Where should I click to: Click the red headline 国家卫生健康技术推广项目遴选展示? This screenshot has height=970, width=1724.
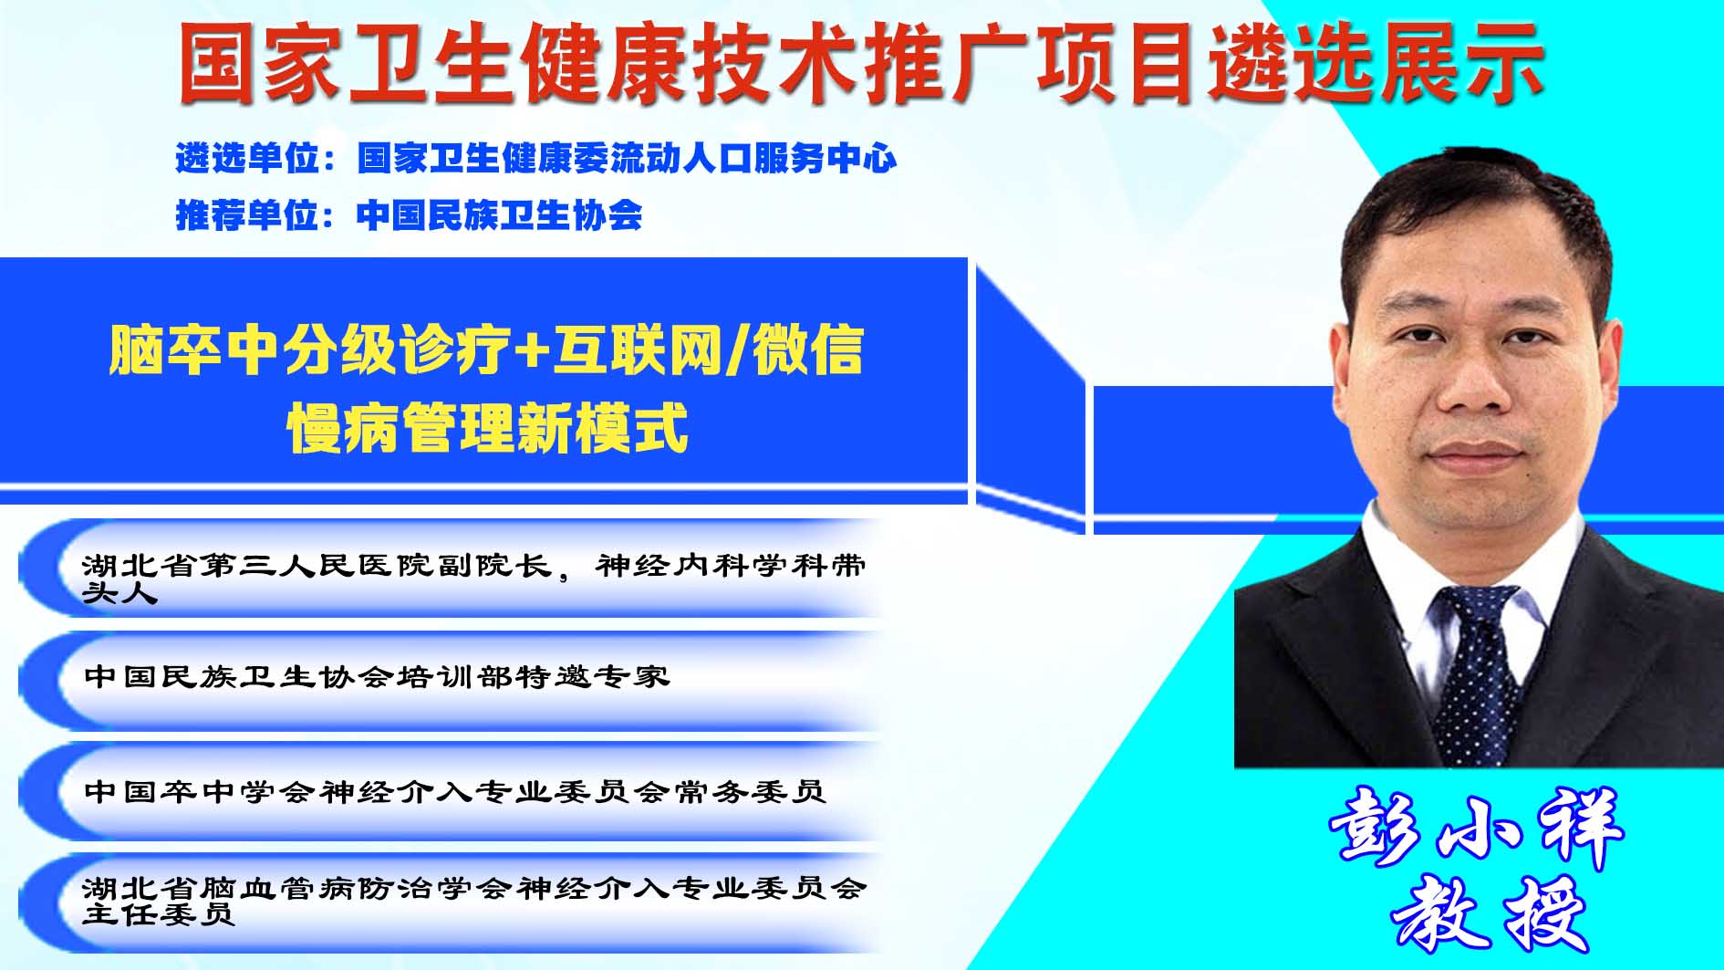tap(861, 62)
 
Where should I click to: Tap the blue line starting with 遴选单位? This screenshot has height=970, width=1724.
tap(536, 159)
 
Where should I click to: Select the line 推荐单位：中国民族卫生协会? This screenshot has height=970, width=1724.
tap(409, 215)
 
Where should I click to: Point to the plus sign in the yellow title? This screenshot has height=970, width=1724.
tap(529, 352)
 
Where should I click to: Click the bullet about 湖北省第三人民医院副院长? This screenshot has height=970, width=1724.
tap(473, 578)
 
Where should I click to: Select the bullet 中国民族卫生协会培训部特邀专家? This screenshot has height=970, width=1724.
tap(377, 676)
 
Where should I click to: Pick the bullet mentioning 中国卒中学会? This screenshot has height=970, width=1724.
tap(455, 791)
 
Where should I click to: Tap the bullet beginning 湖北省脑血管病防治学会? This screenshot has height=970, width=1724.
tap(473, 900)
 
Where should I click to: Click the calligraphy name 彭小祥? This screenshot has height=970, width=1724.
tap(1476, 827)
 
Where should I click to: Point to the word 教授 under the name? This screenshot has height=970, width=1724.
tap(1489, 914)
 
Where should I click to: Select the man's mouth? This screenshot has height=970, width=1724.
tap(1474, 454)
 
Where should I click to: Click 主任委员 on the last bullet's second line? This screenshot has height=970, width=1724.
tap(159, 913)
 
